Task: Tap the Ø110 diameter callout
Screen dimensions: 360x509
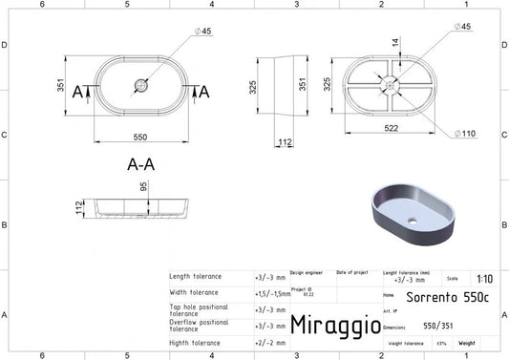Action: (463, 133)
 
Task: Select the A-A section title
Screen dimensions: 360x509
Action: (140, 163)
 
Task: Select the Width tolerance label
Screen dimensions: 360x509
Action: (194, 293)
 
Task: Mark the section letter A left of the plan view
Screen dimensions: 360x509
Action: (79, 91)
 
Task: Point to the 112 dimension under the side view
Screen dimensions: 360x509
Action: (286, 143)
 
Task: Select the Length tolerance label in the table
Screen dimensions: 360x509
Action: (196, 277)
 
